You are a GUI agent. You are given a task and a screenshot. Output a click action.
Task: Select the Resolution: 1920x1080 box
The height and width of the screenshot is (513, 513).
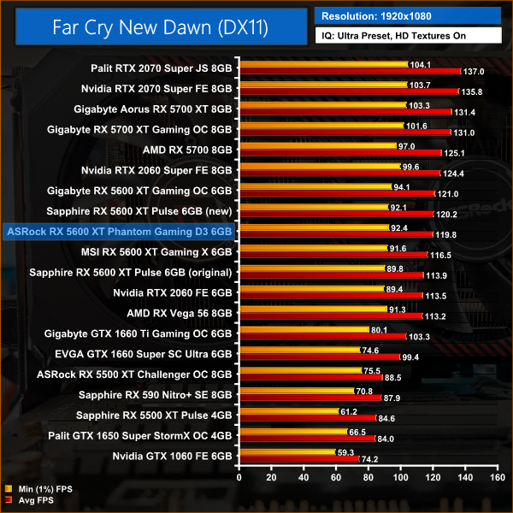(408, 15)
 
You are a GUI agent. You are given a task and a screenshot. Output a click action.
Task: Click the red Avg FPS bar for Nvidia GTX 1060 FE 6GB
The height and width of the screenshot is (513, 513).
(298, 458)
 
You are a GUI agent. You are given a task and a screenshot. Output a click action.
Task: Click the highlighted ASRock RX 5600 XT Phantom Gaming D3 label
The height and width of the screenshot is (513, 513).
(119, 231)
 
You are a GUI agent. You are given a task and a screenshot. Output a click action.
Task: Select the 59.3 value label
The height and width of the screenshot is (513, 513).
(347, 453)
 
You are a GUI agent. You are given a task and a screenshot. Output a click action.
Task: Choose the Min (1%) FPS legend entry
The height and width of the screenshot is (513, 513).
(43, 490)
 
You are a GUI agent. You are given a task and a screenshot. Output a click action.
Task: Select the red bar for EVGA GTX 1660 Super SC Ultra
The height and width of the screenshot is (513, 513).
(319, 357)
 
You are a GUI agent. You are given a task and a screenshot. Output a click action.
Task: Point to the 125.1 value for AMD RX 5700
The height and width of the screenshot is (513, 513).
(454, 153)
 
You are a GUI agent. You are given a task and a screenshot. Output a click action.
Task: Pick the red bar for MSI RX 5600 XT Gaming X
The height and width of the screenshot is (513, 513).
(333, 254)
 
